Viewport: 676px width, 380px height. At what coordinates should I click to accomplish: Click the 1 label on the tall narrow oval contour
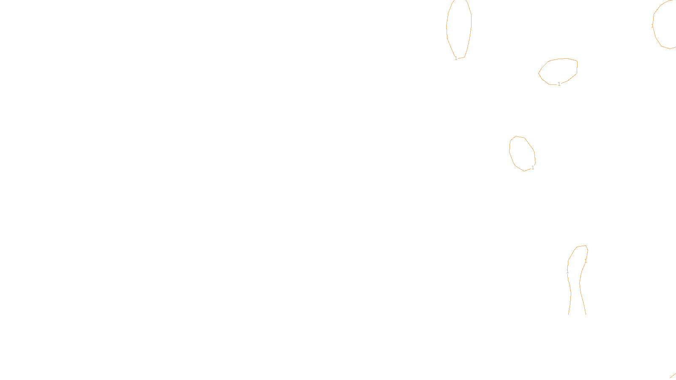tap(456, 58)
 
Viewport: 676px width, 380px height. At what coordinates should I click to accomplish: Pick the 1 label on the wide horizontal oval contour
tap(559, 84)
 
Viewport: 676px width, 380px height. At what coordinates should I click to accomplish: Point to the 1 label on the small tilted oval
tap(533, 168)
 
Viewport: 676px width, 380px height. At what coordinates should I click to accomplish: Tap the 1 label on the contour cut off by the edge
tap(652, 26)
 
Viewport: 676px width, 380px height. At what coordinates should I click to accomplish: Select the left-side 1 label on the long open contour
tap(567, 271)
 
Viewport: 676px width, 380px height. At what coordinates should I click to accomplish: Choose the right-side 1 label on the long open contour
tap(586, 261)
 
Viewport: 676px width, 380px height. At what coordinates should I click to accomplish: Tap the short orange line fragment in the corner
tap(673, 375)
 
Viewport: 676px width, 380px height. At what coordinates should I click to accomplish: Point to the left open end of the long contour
tap(569, 314)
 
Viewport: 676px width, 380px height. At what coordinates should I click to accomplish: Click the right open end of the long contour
tap(586, 314)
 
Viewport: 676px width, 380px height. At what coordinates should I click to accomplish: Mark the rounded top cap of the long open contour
tap(581, 246)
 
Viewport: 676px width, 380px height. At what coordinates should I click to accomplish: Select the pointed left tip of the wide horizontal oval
tap(539, 73)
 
